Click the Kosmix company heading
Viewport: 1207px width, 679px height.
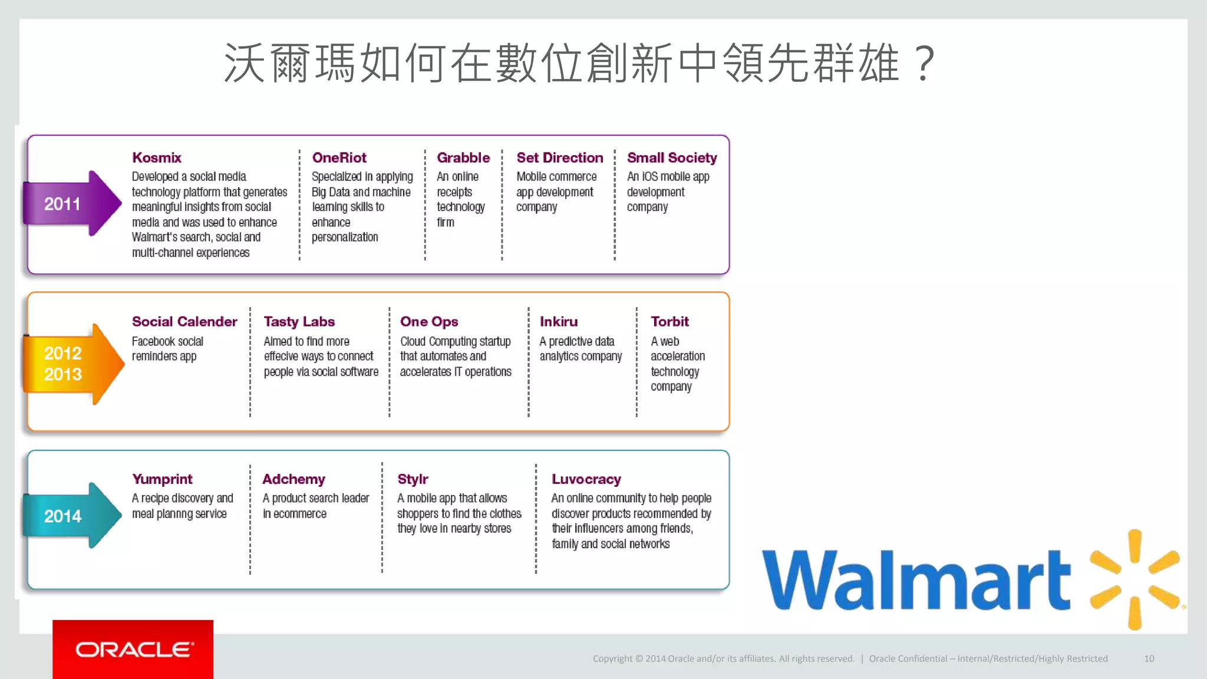156,158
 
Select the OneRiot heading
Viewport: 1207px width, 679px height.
339,158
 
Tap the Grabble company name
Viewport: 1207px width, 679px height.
463,158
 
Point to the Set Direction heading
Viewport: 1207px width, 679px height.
560,158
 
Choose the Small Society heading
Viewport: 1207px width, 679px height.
672,158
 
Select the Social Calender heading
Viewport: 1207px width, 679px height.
184,322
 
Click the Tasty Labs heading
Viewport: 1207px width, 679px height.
299,322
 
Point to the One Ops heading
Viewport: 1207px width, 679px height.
429,322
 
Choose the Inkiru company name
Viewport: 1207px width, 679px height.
559,322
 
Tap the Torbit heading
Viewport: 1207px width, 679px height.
670,322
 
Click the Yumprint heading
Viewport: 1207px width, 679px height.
162,479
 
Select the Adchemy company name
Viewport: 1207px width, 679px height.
293,479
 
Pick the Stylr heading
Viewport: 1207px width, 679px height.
413,479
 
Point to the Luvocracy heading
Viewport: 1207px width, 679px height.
586,479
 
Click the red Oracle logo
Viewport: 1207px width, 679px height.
133,649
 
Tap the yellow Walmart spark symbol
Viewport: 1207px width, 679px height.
1135,579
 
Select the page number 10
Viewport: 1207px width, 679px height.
1149,659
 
